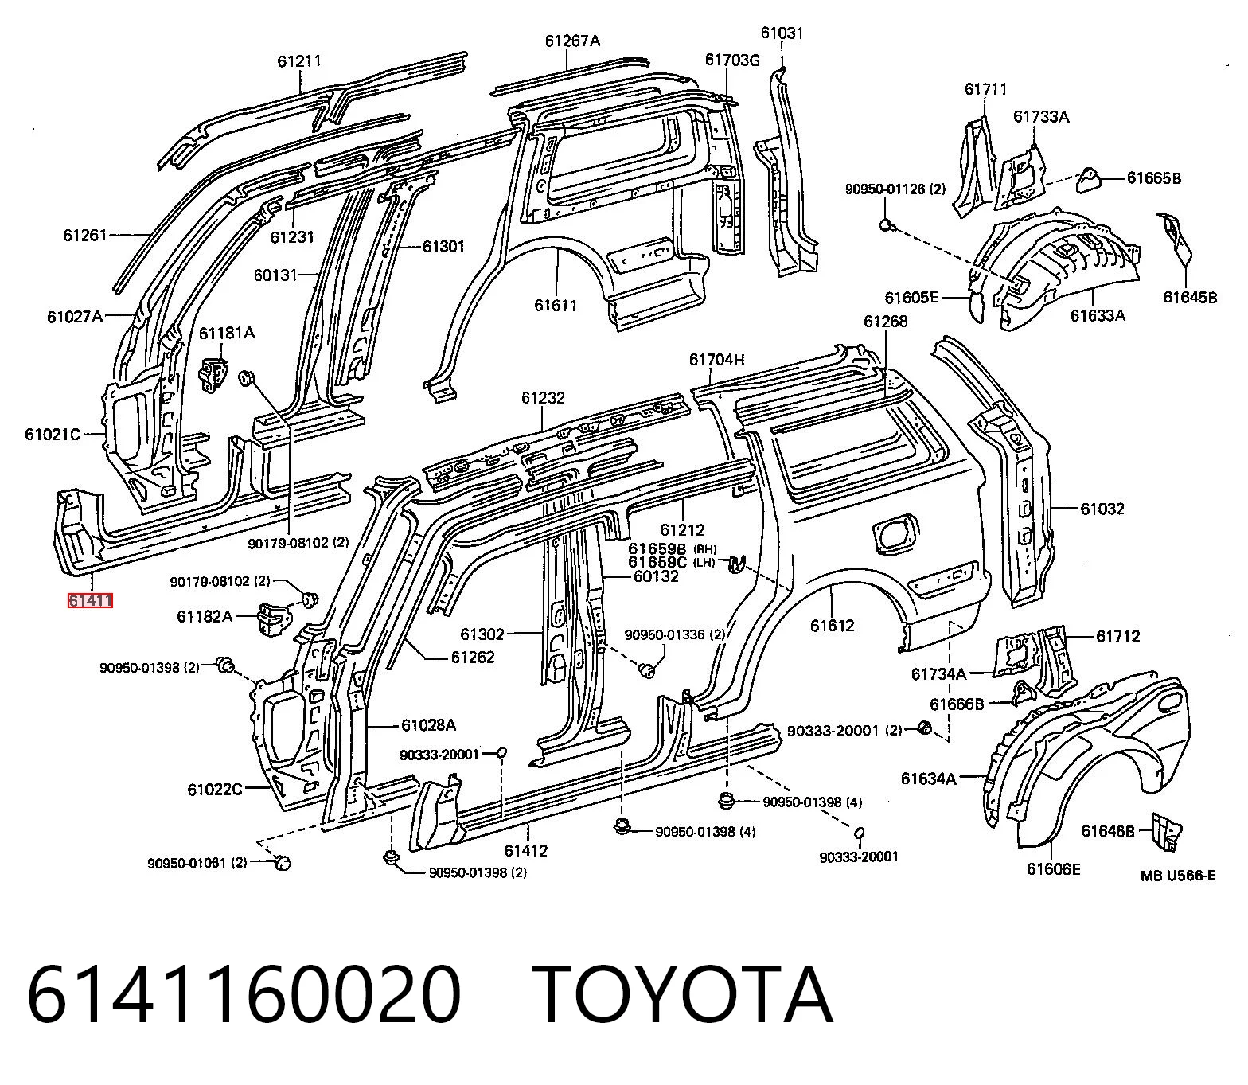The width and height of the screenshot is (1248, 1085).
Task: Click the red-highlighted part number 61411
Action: point(90,600)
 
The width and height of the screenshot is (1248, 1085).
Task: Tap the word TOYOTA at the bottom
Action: point(682,994)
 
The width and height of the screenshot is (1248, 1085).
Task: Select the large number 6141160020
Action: point(244,994)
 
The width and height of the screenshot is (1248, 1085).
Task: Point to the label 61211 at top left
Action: point(299,60)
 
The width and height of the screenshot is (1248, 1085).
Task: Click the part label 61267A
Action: point(573,41)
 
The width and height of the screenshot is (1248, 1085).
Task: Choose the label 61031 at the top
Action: point(782,33)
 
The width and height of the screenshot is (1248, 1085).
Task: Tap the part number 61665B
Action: point(1154,178)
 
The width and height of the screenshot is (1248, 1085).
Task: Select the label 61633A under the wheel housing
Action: point(1098,315)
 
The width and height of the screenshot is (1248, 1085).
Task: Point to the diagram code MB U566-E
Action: point(1178,876)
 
